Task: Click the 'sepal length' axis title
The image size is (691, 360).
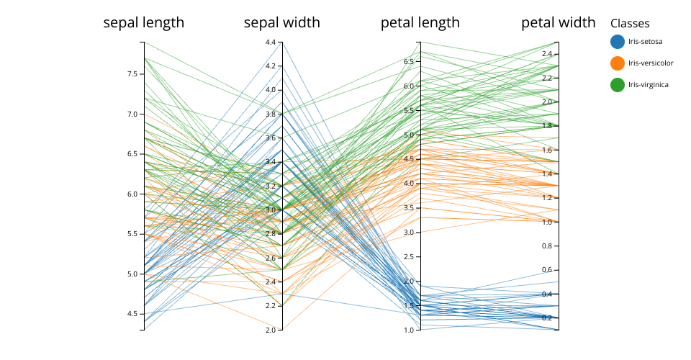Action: click(x=144, y=23)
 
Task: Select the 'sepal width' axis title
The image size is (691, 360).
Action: click(x=282, y=23)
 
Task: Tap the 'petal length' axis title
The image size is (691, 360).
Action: click(x=420, y=23)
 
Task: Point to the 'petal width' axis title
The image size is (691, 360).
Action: click(x=559, y=23)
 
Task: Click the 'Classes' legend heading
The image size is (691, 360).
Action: click(x=630, y=24)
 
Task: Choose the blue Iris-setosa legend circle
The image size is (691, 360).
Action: click(x=617, y=42)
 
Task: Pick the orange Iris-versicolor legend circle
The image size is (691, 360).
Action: click(x=617, y=63)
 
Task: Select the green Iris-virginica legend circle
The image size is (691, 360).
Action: click(x=617, y=85)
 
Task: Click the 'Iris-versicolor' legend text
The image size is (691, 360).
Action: click(x=651, y=63)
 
